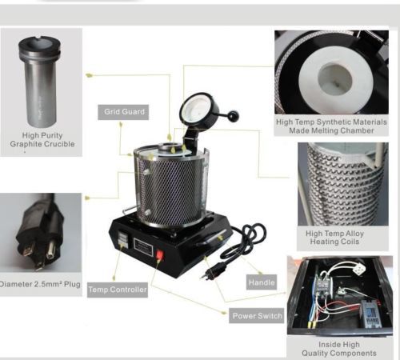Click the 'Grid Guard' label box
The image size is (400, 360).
(x=123, y=112)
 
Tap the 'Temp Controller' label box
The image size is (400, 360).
(x=118, y=290)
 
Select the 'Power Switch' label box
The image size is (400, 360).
(x=257, y=316)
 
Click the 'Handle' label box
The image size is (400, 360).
(x=262, y=282)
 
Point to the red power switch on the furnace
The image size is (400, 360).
(x=159, y=254)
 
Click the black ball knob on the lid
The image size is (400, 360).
(x=232, y=116)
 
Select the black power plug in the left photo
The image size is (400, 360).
(x=40, y=233)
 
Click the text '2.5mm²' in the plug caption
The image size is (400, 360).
(x=47, y=284)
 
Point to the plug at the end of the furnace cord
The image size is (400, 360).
(x=207, y=272)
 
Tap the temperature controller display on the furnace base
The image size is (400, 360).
(x=122, y=239)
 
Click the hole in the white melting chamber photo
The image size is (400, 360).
(x=335, y=79)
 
